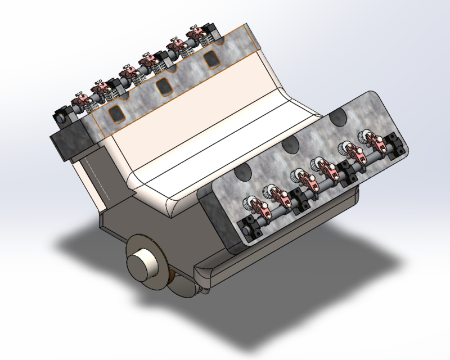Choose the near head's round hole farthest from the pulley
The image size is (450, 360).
coord(338,118)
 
